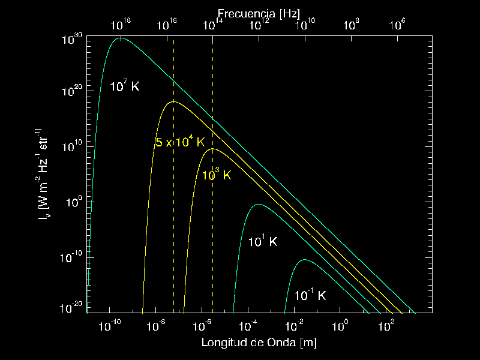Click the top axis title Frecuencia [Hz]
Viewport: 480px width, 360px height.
click(x=259, y=13)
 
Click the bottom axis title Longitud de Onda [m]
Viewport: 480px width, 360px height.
click(x=259, y=343)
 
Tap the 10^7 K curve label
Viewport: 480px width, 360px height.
click(x=124, y=86)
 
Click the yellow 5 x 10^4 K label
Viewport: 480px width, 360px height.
click(x=180, y=142)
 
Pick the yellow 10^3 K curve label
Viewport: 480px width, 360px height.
click(x=216, y=175)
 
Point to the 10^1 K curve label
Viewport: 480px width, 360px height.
click(x=263, y=241)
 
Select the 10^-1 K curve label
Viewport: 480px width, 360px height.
click(x=310, y=295)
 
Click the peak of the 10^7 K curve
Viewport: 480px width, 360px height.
click(x=121, y=38)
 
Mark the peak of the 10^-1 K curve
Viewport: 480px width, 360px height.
click(x=305, y=260)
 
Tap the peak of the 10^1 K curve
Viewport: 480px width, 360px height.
click(x=258, y=205)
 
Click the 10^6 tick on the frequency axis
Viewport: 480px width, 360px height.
click(x=398, y=25)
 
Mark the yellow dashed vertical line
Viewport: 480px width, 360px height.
click(x=213, y=240)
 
